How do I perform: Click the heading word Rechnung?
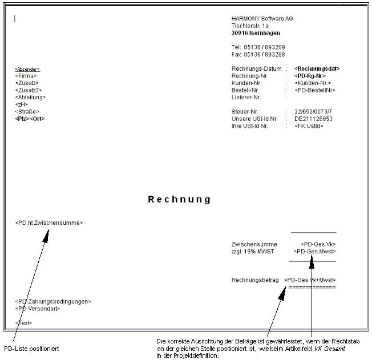click(179, 200)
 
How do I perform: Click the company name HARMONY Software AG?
click(262, 19)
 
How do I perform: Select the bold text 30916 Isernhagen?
click(256, 33)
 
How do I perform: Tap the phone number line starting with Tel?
click(258, 47)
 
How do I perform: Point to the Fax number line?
click(258, 55)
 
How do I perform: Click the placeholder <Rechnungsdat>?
click(317, 68)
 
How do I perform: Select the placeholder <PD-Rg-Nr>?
click(310, 76)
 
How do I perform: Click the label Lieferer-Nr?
click(245, 98)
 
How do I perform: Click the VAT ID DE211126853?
click(313, 119)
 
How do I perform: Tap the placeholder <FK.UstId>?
click(309, 126)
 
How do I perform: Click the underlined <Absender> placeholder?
click(27, 69)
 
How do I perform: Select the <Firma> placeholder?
click(26, 76)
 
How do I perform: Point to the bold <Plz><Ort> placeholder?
click(30, 119)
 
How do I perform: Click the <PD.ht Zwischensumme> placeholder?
click(48, 223)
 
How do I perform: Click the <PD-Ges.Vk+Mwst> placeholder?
click(310, 280)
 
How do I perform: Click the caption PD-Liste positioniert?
click(31, 349)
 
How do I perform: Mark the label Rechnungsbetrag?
click(255, 280)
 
